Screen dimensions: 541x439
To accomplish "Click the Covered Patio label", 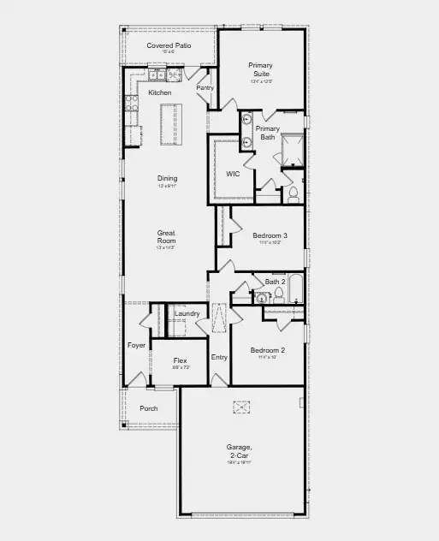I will pyautogui.click(x=169, y=45).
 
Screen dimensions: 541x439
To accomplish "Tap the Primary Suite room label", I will pyautogui.click(x=260, y=69).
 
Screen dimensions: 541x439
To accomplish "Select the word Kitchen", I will pyautogui.click(x=160, y=92).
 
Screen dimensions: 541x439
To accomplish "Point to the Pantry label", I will pyautogui.click(x=205, y=87).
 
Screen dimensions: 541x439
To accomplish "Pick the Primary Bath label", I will pyautogui.click(x=267, y=133).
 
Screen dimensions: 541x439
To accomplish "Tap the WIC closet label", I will pyautogui.click(x=233, y=174).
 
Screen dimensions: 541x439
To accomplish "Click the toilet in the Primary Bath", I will pyautogui.click(x=293, y=194).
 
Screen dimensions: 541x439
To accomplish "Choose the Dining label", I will pyautogui.click(x=167, y=178).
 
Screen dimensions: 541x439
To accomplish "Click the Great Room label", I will pyautogui.click(x=167, y=237).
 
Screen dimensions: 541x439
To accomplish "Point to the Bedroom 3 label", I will pyautogui.click(x=270, y=235).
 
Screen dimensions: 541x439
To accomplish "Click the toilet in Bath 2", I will pyautogui.click(x=278, y=295).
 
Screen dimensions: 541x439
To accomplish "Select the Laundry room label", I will pyautogui.click(x=187, y=314).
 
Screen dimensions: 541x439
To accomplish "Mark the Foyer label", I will pyautogui.click(x=137, y=346).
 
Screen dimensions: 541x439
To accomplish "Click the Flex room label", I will pyautogui.click(x=180, y=361).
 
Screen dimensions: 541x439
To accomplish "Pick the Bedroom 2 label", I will pyautogui.click(x=267, y=351).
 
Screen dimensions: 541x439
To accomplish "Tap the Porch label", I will pyautogui.click(x=149, y=409).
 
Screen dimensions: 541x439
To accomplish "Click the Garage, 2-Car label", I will pyautogui.click(x=239, y=451).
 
